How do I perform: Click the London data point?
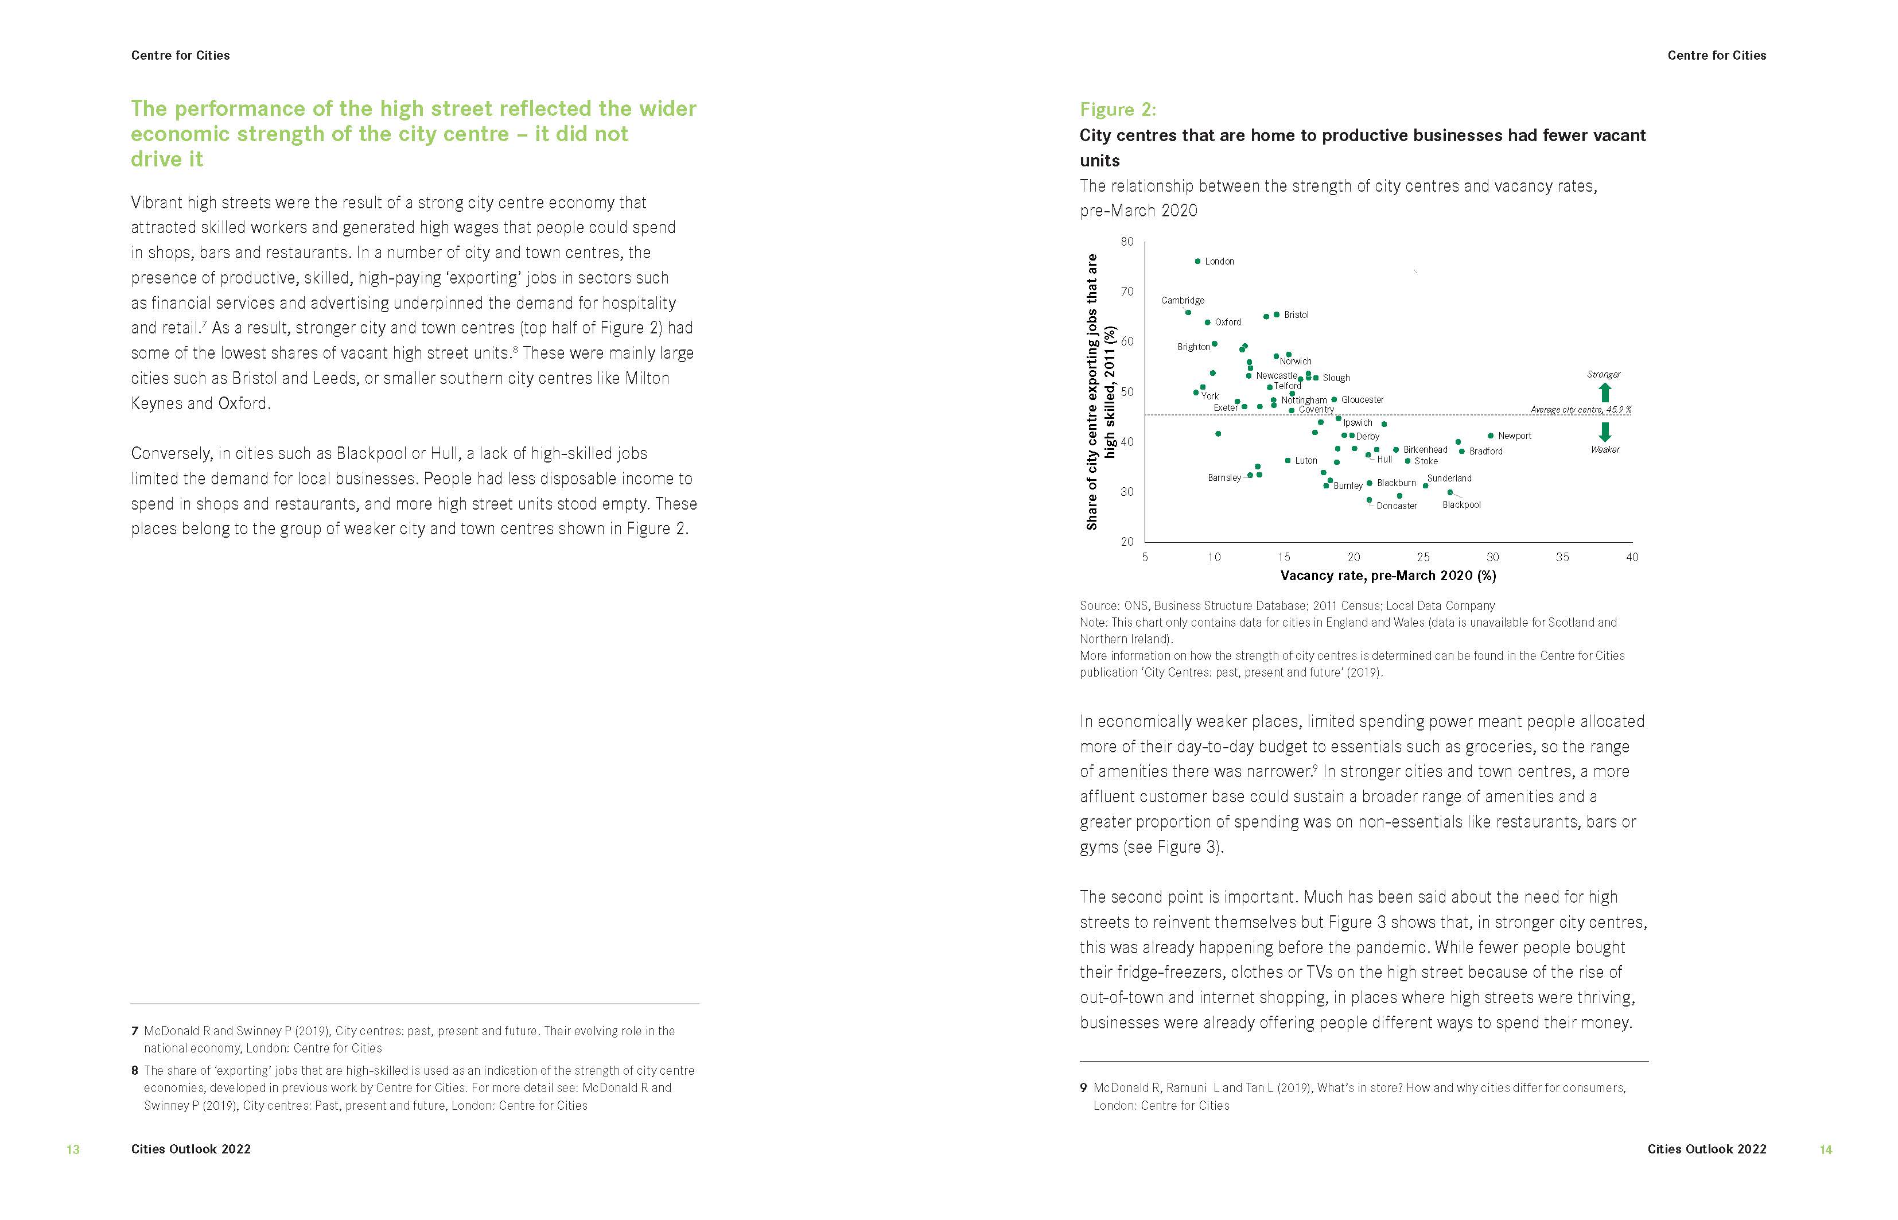point(1197,261)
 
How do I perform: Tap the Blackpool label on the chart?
point(1461,504)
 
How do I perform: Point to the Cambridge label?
point(1182,300)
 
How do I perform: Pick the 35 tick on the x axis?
point(1562,557)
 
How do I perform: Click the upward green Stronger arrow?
point(1605,392)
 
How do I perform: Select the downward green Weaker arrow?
point(1605,432)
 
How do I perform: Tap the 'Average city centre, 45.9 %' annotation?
point(1580,410)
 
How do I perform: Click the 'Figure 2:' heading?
point(1118,110)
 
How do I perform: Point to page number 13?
point(73,1149)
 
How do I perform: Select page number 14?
point(1825,1149)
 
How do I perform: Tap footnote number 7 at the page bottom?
point(135,1031)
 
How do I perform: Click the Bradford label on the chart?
point(1485,452)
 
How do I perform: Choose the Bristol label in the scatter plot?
point(1296,314)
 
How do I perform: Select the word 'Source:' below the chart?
point(1099,606)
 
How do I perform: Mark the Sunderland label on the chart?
point(1449,479)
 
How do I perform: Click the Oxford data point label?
point(1228,323)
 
